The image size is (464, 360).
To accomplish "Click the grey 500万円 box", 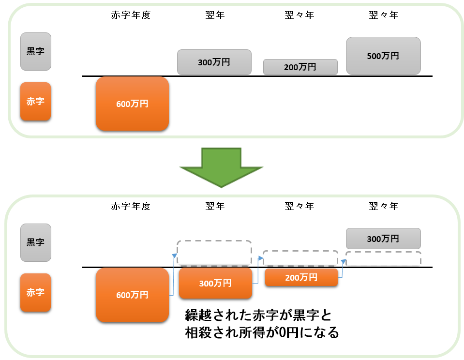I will tap(383, 56).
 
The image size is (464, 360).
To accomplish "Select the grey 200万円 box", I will tap(300, 67).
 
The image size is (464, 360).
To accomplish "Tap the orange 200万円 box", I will tap(301, 278).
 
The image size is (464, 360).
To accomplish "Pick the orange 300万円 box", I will tap(215, 283).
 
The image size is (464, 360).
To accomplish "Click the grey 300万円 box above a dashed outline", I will tap(383, 239).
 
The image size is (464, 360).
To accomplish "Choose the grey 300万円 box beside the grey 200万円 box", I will tap(214, 62).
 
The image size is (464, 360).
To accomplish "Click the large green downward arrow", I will tap(221, 167).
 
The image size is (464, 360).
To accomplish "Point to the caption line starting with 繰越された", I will tap(259, 315).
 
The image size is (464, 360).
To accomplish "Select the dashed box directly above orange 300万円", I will tap(214, 253).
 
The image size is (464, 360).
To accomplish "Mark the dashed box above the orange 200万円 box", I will tap(300, 258).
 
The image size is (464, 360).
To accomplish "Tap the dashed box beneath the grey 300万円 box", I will tap(383, 259).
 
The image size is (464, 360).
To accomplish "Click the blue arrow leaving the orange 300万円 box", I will tap(257, 271).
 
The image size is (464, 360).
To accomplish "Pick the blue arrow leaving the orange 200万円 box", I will tap(341, 269).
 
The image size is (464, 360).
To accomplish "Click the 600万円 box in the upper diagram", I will tap(132, 104).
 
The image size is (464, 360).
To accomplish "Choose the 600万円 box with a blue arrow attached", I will tap(132, 295).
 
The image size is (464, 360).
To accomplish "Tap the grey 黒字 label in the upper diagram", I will tap(35, 51).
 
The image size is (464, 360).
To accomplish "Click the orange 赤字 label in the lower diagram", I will tap(35, 292).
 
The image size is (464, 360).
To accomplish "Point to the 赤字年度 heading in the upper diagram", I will tap(131, 15).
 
